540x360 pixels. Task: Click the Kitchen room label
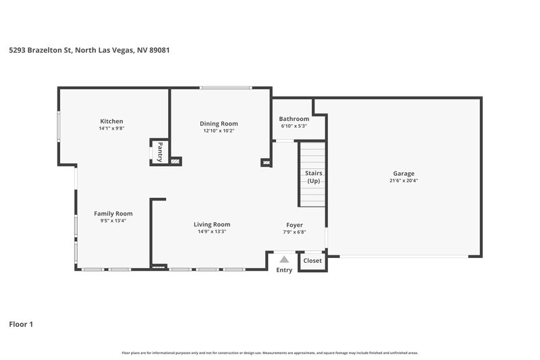(111, 121)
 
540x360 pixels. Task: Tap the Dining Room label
(219, 124)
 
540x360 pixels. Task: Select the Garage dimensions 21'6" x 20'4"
(404, 180)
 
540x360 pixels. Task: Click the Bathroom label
(294, 119)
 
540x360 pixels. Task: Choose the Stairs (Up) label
(314, 177)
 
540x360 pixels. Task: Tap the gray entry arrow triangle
(284, 259)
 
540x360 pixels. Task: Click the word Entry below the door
(284, 270)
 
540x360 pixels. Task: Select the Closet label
(313, 261)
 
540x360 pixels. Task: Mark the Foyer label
(294, 224)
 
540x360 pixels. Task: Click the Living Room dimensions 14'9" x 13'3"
(212, 232)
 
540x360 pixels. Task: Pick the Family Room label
(113, 213)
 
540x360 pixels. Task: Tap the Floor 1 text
(21, 324)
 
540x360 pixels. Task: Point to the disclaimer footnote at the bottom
(269, 353)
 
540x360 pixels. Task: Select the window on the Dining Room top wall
(225, 87)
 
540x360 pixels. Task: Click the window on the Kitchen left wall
(59, 124)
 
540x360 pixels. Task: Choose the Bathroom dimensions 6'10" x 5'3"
(294, 126)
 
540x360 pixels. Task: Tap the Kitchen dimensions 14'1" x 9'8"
(111, 128)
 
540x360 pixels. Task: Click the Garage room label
(404, 174)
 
